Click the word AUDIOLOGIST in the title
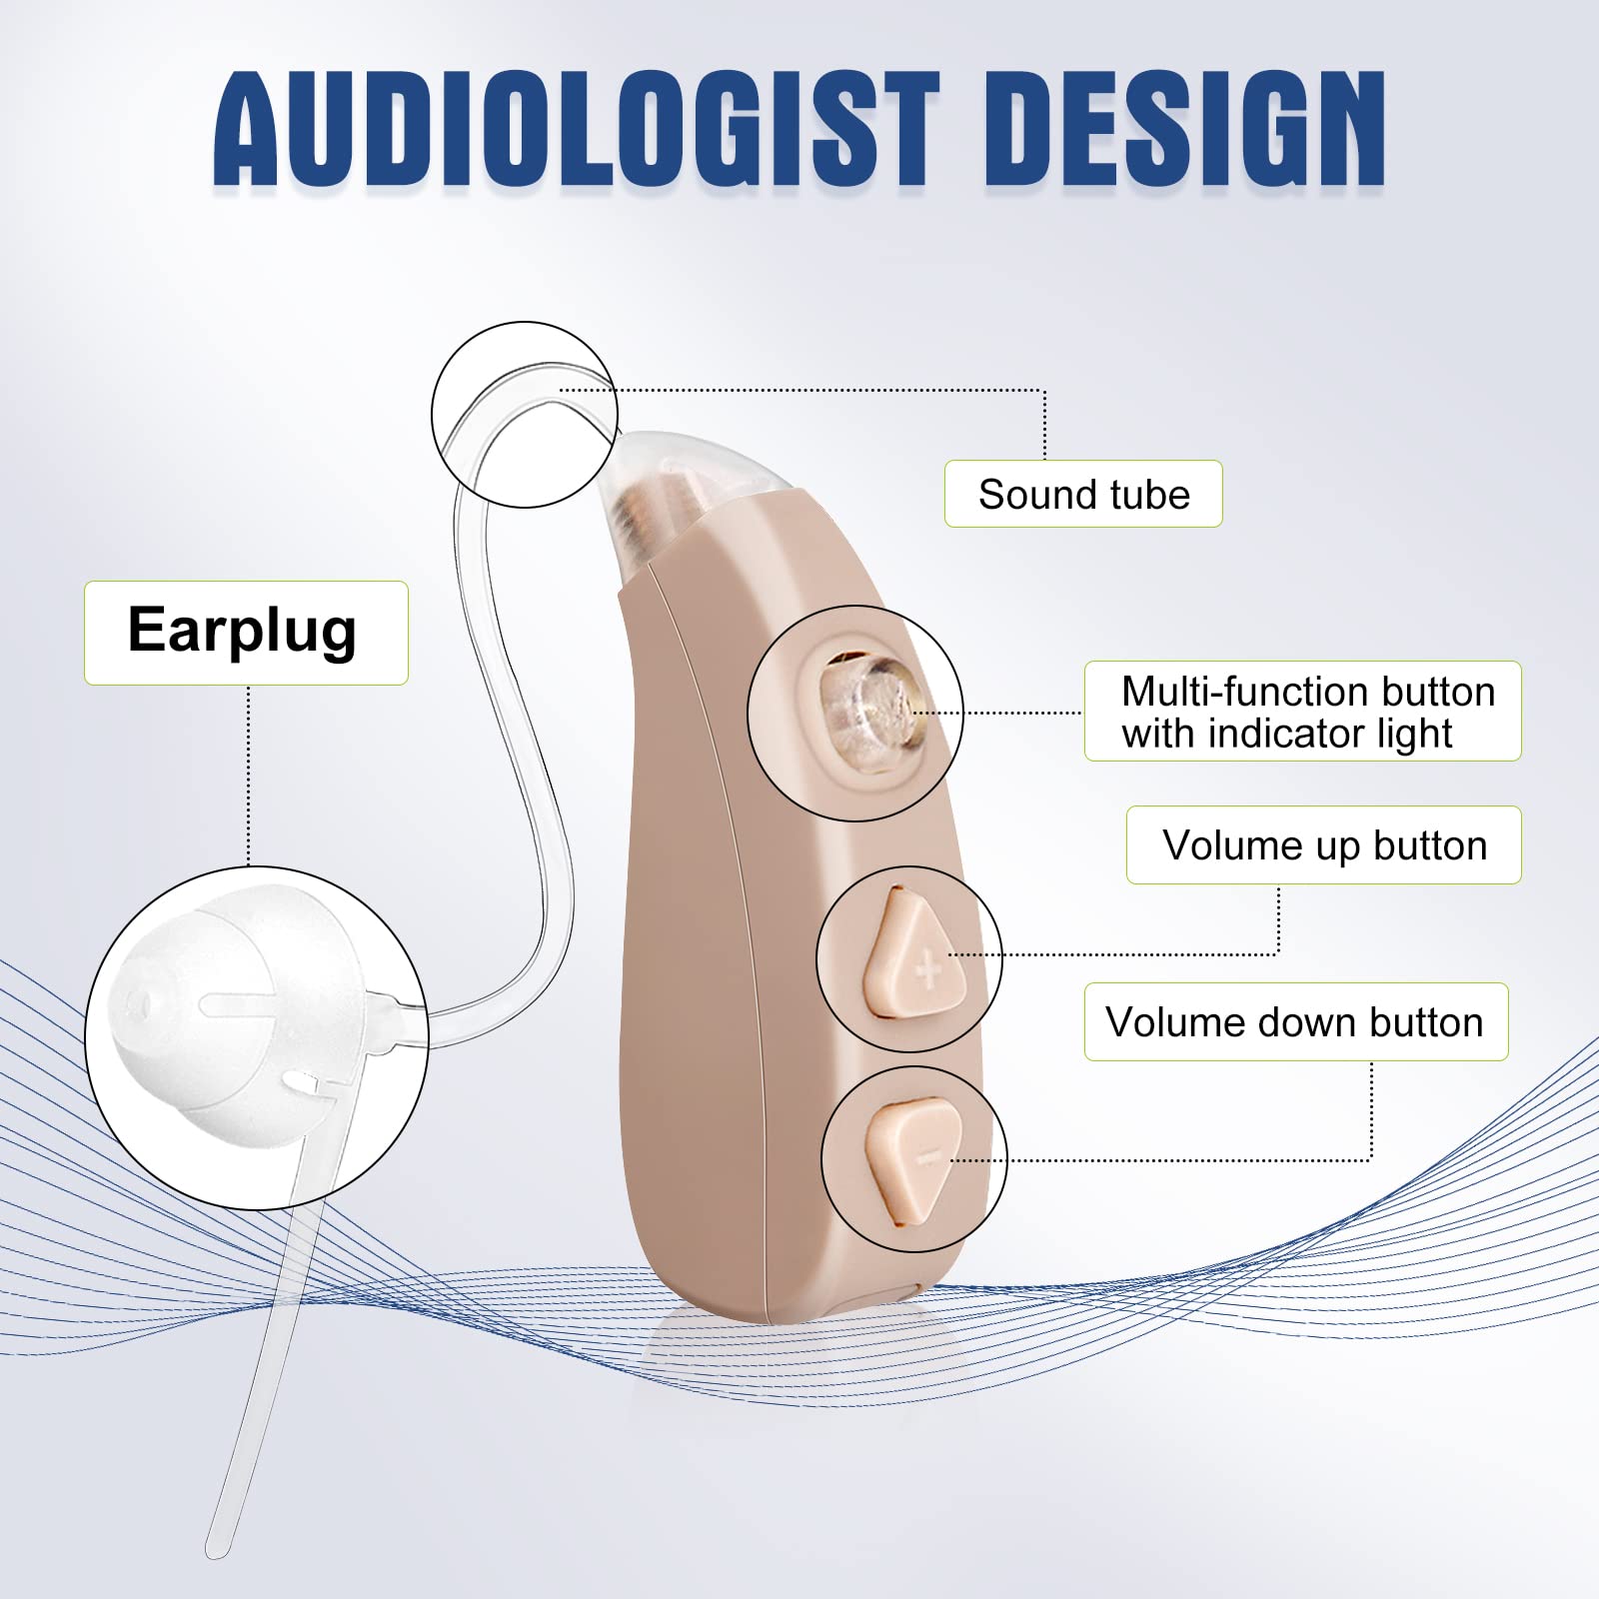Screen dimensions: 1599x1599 tap(577, 130)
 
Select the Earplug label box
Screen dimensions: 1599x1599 tap(246, 633)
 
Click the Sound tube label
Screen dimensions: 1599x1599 tap(1083, 494)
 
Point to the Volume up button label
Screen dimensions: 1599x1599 tap(1323, 845)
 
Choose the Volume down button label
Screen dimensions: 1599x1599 tap(1295, 1022)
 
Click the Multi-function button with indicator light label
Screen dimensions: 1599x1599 tap(1302, 712)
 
